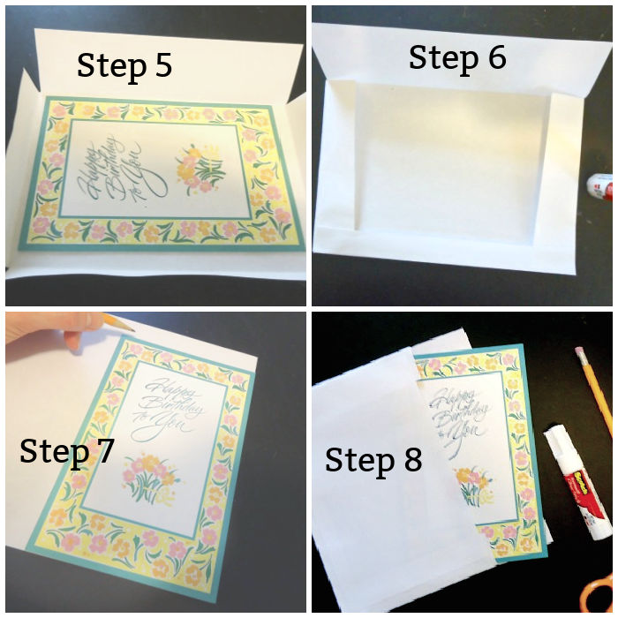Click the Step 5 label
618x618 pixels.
[x=124, y=65]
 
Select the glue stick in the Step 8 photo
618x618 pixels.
[x=578, y=481]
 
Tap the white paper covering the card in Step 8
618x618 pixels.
[x=380, y=494]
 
